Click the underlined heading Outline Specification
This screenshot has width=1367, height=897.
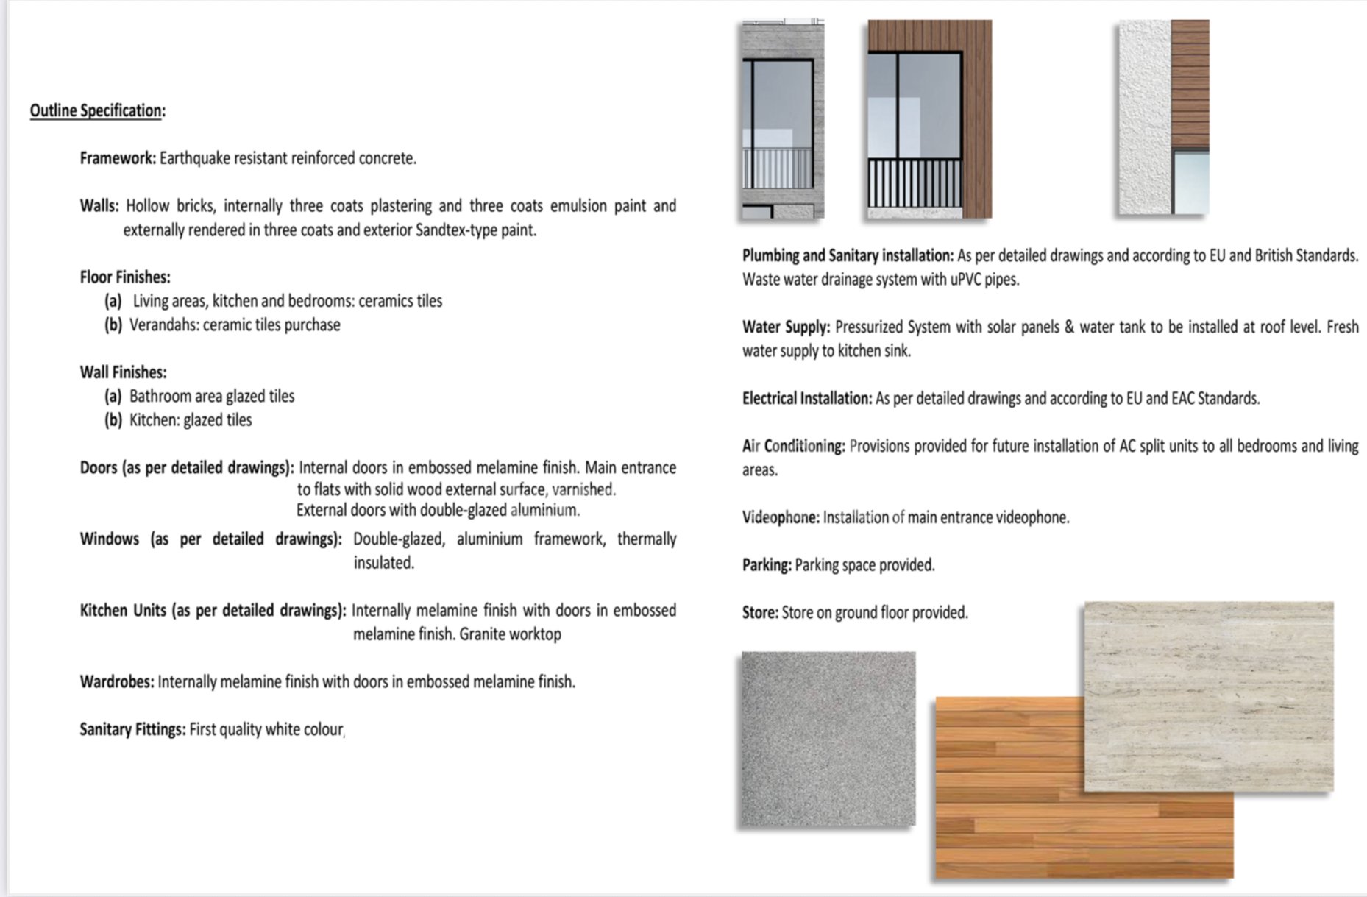[96, 110]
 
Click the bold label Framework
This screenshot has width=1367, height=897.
[117, 158]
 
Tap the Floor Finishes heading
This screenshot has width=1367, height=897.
[124, 277]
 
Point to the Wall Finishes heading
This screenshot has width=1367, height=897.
[123, 372]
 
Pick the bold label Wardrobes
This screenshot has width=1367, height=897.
[116, 682]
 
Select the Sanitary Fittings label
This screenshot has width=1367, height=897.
[132, 730]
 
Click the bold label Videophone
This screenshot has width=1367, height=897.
[780, 518]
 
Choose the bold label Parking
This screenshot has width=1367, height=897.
[767, 566]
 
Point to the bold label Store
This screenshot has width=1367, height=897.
[759, 613]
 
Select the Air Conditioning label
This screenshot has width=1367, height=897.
[793, 447]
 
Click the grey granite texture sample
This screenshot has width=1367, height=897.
[828, 738]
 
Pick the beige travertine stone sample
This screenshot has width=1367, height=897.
[1209, 695]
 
